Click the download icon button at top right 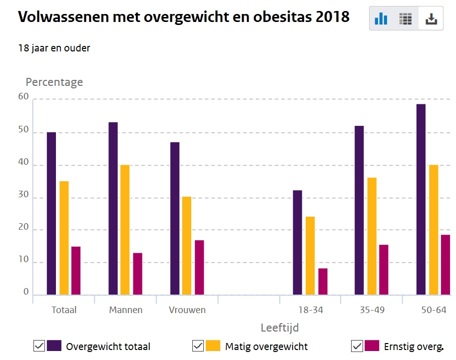(x=431, y=19)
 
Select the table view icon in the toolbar (x=406, y=19)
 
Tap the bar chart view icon (x=381, y=19)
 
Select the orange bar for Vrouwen (x=187, y=245)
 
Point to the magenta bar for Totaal (x=75, y=270)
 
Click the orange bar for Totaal (x=64, y=238)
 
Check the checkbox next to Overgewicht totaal (x=39, y=346)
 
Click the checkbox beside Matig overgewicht (x=198, y=346)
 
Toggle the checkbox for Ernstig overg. (x=357, y=346)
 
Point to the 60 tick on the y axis (x=23, y=97)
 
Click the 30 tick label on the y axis (x=23, y=197)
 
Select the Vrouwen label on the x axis (x=187, y=310)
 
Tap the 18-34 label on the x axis (x=311, y=310)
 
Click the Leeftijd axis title (x=280, y=328)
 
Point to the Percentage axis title (x=54, y=82)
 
